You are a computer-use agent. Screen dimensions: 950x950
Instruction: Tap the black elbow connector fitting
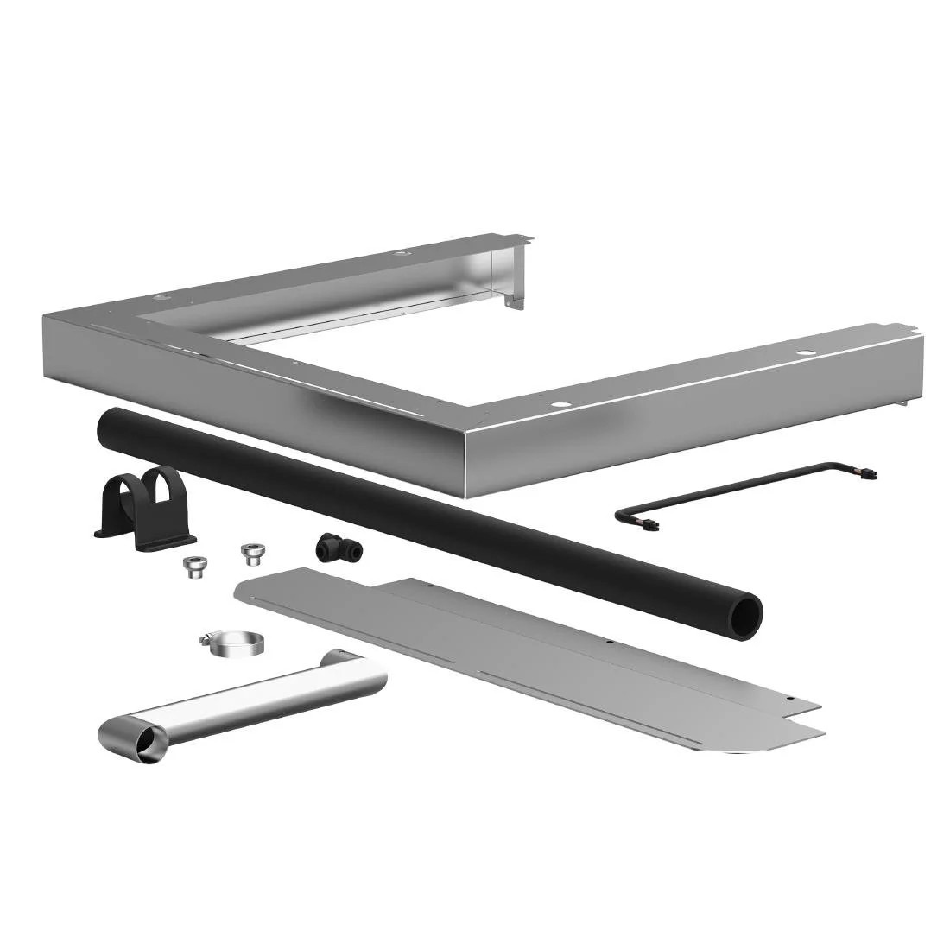pos(329,545)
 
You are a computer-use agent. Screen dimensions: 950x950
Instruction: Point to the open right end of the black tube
pos(745,617)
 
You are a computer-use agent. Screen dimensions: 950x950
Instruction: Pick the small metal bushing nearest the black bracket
pos(193,566)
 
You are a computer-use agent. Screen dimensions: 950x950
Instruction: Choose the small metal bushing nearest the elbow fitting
pos(252,551)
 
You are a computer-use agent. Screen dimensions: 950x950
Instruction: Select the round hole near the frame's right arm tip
pos(805,353)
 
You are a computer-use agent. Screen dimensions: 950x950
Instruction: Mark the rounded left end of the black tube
pos(107,423)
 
